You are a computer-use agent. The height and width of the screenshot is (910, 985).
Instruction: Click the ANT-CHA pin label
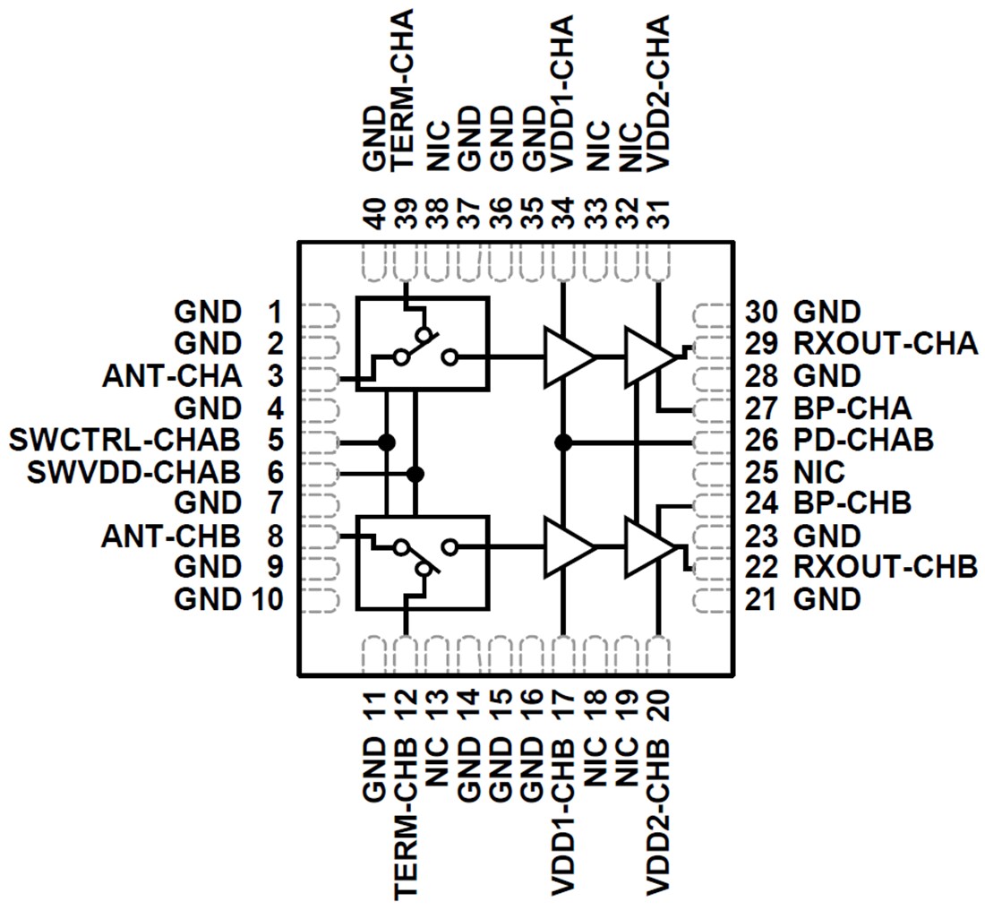tap(171, 376)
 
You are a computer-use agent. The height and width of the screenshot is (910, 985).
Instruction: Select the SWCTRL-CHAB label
tap(124, 441)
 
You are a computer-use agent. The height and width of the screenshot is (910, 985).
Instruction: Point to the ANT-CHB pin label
tap(171, 537)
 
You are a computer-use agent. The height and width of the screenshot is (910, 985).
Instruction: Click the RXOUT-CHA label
tap(885, 344)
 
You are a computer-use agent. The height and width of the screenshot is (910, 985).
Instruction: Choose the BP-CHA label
tap(852, 408)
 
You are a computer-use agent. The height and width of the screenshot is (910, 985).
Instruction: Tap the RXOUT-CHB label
tap(885, 568)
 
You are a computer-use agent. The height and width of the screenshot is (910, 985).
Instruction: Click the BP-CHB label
tap(852, 503)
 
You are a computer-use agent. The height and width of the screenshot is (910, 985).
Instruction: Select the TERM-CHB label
tap(405, 824)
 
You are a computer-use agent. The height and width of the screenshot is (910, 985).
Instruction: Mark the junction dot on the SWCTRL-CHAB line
tap(387, 442)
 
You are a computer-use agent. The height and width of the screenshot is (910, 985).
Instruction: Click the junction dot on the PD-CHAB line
tap(563, 442)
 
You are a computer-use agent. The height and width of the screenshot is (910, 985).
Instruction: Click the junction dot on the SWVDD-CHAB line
tap(415, 473)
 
